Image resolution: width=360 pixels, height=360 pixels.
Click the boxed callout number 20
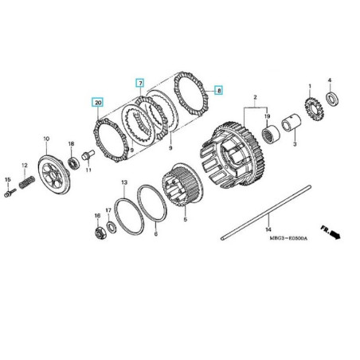[97, 103]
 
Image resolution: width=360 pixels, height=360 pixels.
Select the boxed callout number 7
[139, 83]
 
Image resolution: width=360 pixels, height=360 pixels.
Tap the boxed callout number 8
[219, 92]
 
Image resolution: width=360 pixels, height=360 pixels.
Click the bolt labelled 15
[10, 192]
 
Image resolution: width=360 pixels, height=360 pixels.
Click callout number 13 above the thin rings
[123, 183]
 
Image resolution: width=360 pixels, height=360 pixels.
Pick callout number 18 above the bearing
[71, 144]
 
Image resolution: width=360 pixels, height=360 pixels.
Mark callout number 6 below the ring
[155, 234]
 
